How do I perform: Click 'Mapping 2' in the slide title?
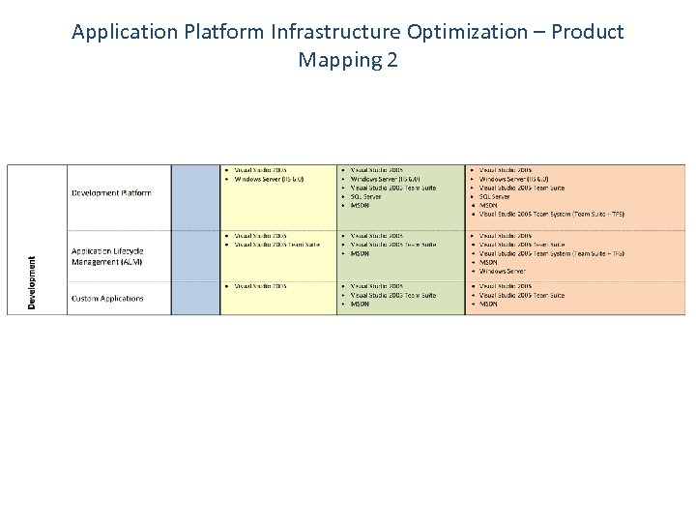(347, 60)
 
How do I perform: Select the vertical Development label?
(32, 282)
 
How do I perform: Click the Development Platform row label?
(111, 192)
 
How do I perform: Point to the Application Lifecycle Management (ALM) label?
(106, 255)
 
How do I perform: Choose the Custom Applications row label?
(106, 298)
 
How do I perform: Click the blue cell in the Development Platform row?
(195, 196)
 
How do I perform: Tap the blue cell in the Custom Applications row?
(195, 298)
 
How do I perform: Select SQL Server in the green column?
(365, 196)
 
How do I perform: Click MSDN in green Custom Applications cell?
(360, 304)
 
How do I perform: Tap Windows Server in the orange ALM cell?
(503, 271)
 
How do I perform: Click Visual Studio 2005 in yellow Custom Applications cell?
(260, 286)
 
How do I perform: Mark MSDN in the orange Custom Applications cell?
(488, 304)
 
